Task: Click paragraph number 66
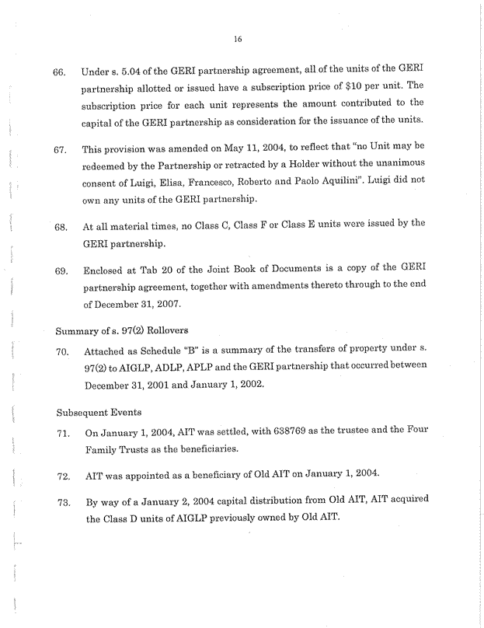59,72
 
